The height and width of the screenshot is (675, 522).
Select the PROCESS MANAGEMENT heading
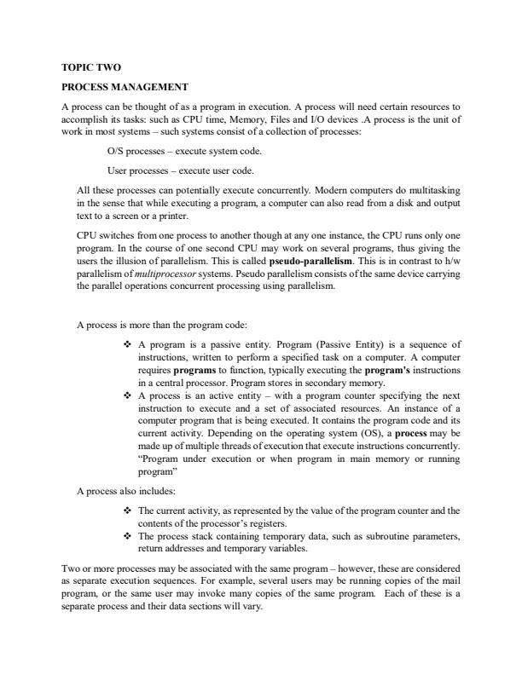[125, 87]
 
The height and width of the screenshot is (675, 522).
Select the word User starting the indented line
[118, 170]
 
